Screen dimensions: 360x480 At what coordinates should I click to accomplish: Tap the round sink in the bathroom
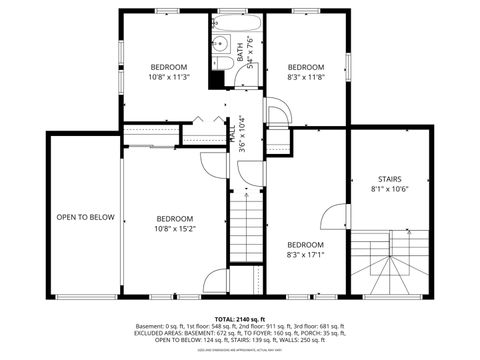pyautogui.click(x=225, y=42)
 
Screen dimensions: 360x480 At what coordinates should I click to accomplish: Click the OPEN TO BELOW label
pyautogui.click(x=85, y=217)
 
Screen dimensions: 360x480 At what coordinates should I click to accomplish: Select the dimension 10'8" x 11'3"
pyautogui.click(x=169, y=77)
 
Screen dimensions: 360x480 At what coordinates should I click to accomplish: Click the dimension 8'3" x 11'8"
pyautogui.click(x=305, y=77)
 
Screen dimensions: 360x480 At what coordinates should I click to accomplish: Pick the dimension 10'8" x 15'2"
pyautogui.click(x=175, y=228)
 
